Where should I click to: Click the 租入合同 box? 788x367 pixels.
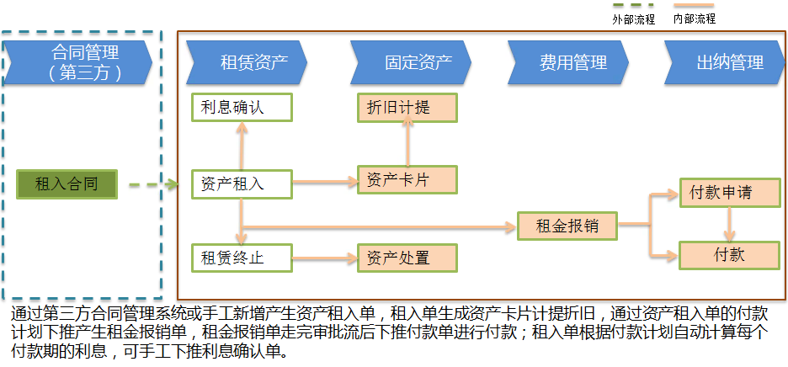click(67, 183)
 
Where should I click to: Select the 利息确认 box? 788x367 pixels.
click(241, 107)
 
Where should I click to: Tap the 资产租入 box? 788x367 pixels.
click(241, 183)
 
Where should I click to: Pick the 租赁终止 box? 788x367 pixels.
click(241, 258)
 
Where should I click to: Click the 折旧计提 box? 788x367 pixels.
click(407, 107)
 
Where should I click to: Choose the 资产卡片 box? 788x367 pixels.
click(407, 179)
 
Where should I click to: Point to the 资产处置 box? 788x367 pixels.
click(407, 258)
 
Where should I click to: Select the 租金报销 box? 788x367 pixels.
click(567, 226)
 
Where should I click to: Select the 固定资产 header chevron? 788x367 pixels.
click(414, 61)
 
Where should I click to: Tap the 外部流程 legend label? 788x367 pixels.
click(633, 19)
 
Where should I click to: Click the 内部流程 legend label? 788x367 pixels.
click(695, 19)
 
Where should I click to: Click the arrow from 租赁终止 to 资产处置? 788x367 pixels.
click(324, 258)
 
